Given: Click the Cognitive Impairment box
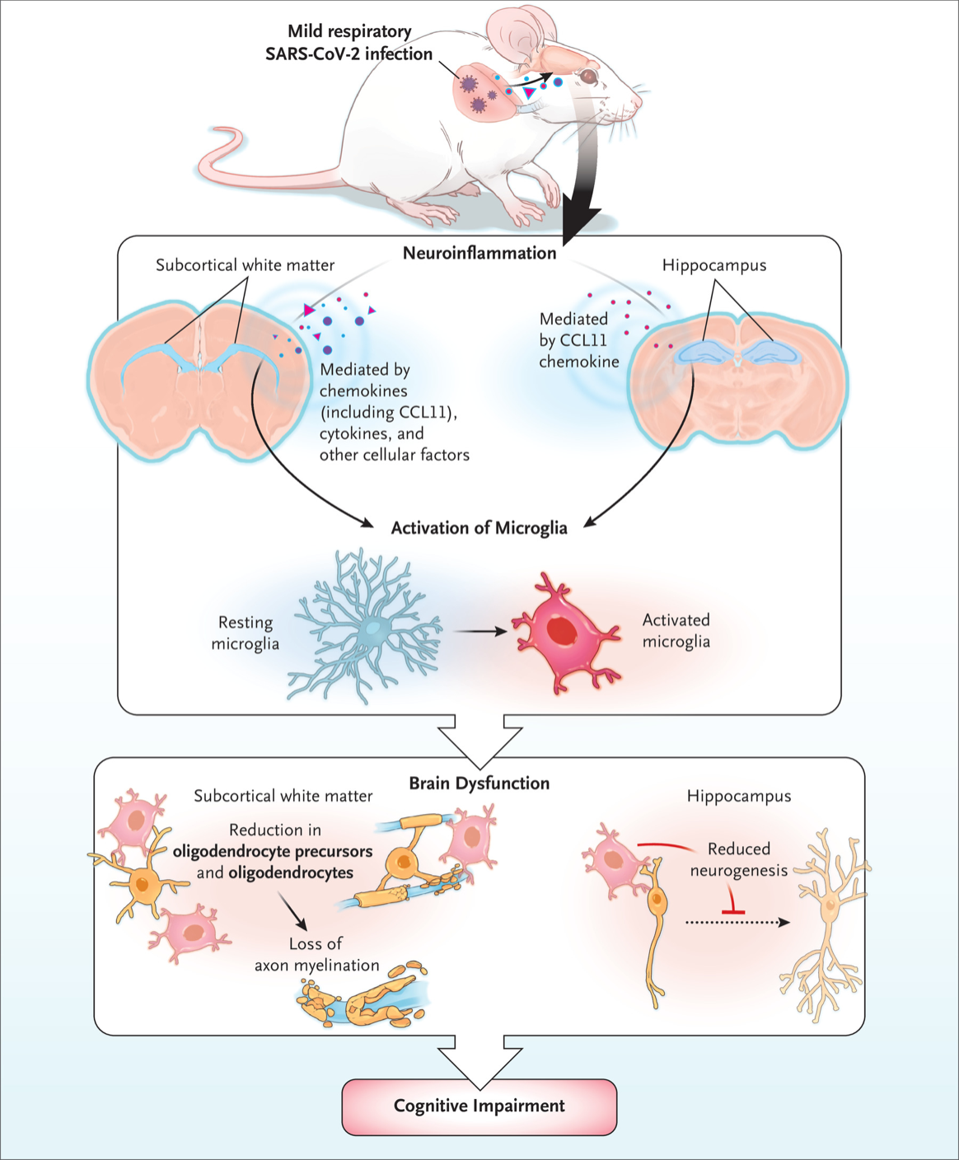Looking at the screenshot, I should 479,1106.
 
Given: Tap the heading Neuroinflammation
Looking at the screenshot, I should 479,253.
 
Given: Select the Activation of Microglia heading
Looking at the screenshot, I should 479,528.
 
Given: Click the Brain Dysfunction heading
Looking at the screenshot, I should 479,783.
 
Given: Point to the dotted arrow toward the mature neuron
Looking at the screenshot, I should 737,923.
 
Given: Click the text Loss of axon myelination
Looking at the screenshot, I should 317,955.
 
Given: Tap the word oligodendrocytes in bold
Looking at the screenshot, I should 291,872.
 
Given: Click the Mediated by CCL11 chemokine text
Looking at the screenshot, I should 578,339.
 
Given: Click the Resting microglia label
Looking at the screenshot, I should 245,633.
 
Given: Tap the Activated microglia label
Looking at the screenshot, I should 676,630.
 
